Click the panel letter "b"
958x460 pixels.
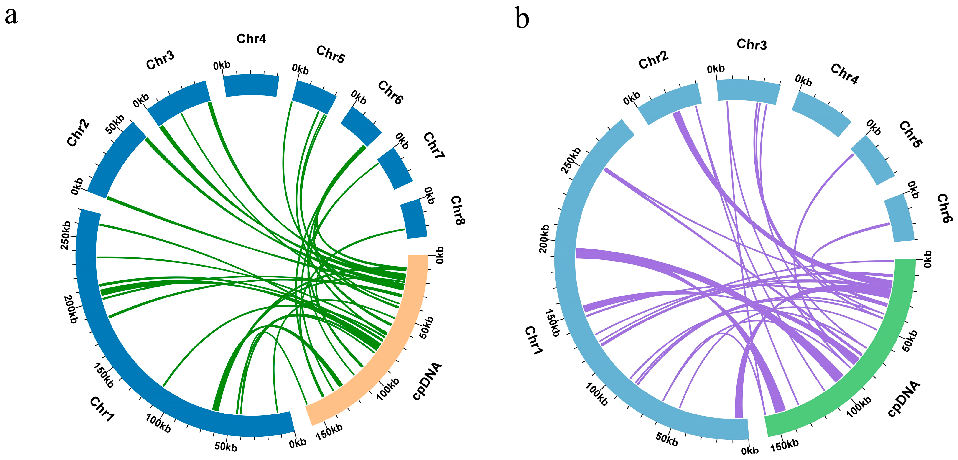522,19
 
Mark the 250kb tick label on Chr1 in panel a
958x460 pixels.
66,235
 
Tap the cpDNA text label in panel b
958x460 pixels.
904,399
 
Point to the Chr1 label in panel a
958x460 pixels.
102,409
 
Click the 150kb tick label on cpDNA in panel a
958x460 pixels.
329,432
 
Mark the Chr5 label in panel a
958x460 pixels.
331,55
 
